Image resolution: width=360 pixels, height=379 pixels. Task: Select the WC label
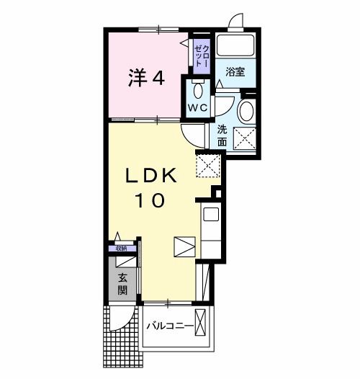tap(197, 107)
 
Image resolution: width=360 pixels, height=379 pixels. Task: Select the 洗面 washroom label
tap(223, 136)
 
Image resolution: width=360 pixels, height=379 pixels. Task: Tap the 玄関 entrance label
tap(123, 284)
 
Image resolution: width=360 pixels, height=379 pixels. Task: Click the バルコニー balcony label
tap(170, 326)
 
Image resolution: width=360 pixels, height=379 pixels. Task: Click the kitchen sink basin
tap(211, 214)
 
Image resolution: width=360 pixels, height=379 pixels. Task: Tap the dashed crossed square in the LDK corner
tap(207, 165)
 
